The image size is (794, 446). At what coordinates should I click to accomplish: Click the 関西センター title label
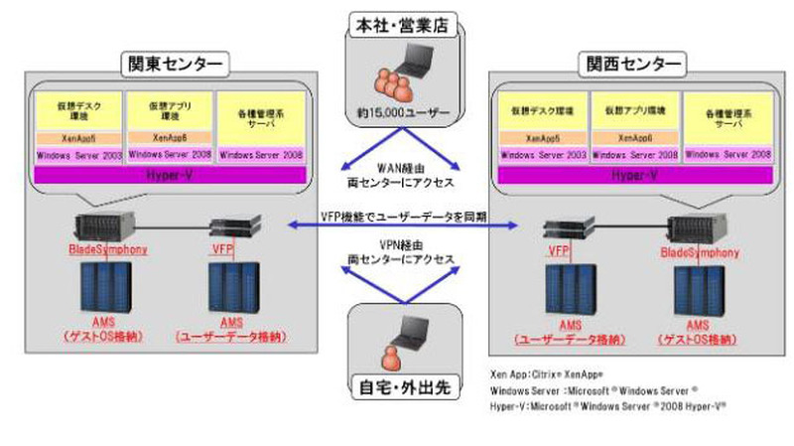point(630,66)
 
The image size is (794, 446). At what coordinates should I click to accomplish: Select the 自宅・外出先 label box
point(402,386)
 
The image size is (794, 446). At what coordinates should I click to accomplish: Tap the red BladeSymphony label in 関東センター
point(108,249)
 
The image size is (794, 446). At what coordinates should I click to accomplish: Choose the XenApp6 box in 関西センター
point(632,138)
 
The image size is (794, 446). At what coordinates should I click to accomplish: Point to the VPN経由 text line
point(402,243)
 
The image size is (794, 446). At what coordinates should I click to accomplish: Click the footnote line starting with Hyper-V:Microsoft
point(600,407)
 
